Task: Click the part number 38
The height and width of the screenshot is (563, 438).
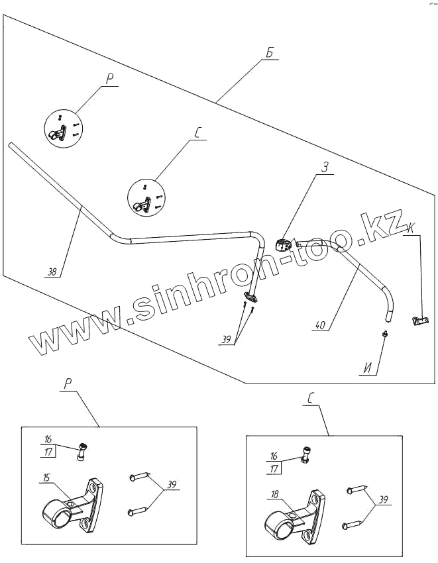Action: pyautogui.click(x=52, y=270)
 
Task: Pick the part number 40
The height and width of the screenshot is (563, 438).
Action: pyautogui.click(x=320, y=325)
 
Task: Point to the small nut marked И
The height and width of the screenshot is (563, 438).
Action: pyautogui.click(x=385, y=334)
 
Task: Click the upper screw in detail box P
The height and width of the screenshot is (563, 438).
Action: pyautogui.click(x=140, y=476)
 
